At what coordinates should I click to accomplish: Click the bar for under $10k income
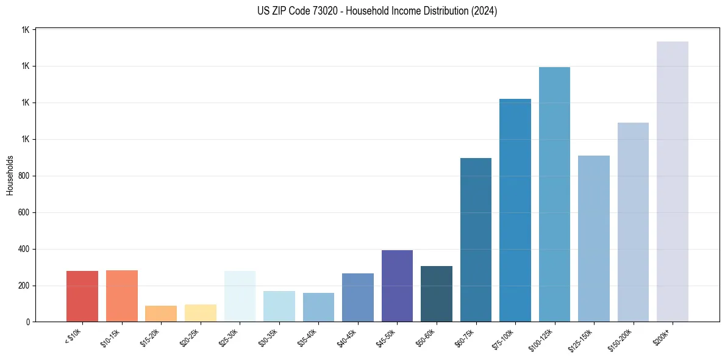click(x=82, y=296)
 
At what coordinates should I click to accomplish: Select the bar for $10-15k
click(x=121, y=296)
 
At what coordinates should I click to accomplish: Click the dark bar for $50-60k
click(x=436, y=293)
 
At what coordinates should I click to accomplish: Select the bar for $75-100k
click(x=515, y=210)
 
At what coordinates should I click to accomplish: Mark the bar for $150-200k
click(x=633, y=222)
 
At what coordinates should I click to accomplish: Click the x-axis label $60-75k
click(x=466, y=337)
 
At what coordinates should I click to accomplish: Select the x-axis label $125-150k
click(x=582, y=339)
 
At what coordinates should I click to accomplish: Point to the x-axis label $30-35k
click(x=269, y=337)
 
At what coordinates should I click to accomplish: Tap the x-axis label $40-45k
click(x=348, y=337)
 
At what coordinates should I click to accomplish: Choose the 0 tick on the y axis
click(x=28, y=322)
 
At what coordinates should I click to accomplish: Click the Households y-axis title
click(x=10, y=175)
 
